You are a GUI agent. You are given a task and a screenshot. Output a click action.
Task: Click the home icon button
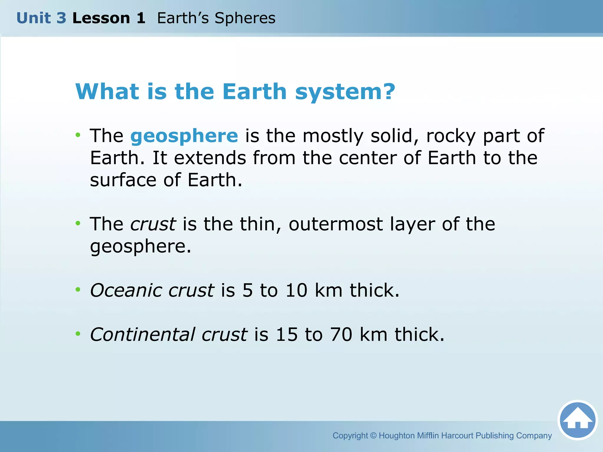577,420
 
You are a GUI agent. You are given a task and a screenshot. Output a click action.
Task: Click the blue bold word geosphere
184,136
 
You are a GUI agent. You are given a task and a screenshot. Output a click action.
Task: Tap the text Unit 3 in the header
41,18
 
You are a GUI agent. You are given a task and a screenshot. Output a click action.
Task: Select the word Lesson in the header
101,18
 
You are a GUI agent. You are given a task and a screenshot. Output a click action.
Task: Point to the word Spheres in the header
245,18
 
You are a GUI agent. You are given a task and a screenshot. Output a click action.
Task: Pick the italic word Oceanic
126,290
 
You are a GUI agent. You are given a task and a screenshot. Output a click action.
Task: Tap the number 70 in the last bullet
341,334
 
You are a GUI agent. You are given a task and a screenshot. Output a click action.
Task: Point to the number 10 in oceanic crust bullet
296,290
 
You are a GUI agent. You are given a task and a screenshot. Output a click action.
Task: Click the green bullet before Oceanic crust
78,290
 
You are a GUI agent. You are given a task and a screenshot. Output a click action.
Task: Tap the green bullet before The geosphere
78,135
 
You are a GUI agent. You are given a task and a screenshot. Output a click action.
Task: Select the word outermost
336,224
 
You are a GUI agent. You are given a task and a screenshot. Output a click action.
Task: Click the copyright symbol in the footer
373,436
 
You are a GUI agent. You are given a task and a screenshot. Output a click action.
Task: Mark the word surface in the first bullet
123,180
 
